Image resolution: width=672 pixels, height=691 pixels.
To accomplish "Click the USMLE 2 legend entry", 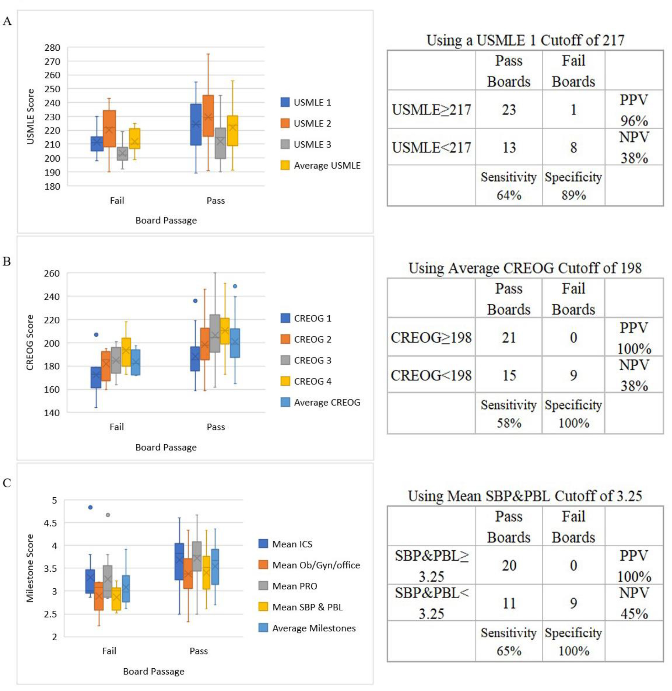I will coord(306,123).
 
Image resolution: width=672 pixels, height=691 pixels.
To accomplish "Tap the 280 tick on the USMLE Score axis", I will coord(52,47).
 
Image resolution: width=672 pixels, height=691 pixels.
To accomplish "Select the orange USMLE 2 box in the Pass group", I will coord(208,115).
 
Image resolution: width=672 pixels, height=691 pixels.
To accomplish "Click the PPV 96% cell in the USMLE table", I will coord(634,110).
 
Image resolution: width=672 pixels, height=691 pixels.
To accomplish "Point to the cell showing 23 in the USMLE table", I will coord(509,110).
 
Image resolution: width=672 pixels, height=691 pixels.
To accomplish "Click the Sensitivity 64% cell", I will coord(509,186).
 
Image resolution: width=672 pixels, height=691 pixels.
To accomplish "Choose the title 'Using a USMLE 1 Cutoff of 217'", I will coord(525,40).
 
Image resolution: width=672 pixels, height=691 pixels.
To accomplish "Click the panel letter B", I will coord(7,261).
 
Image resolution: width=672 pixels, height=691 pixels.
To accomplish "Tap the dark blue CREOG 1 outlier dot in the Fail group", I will coord(96,334).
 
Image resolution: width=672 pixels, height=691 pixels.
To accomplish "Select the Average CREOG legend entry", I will coord(320,402).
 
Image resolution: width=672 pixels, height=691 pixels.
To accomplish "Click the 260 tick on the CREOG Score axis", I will coord(52,273).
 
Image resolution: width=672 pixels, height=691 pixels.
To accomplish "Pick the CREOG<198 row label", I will coord(431,375).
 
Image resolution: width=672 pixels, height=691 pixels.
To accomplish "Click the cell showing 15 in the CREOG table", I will coord(509,375).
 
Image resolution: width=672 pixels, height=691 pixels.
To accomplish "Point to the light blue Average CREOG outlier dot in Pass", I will coord(235,286).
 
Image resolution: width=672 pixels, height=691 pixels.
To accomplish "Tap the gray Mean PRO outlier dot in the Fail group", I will coord(108,515).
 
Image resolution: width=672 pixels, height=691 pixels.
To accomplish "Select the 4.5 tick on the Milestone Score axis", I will coord(49,523).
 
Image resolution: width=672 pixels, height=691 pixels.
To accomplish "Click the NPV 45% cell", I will coord(634,603).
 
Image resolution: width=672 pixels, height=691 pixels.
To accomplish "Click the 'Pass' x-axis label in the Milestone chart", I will coord(199,651).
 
